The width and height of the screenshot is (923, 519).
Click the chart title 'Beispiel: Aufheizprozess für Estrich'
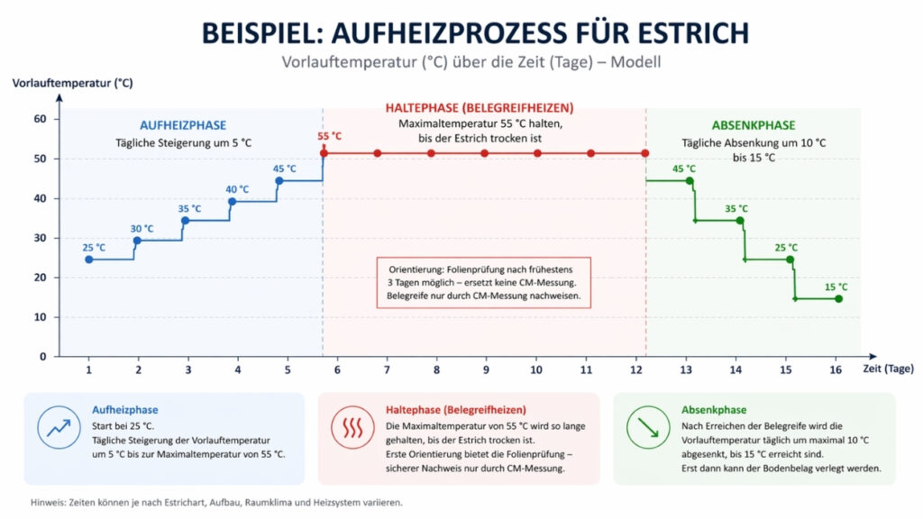pos(475,32)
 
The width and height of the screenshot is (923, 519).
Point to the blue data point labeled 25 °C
pos(88,259)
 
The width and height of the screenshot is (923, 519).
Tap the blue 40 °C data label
pos(238,189)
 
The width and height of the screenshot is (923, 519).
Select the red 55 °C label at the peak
pos(329,137)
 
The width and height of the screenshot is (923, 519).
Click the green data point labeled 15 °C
pos(838,299)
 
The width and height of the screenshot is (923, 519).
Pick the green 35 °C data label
pos(736,209)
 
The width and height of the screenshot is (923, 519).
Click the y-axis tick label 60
pos(40,119)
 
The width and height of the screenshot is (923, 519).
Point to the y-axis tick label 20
pos(40,278)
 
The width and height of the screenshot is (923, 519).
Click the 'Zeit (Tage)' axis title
pos(887,369)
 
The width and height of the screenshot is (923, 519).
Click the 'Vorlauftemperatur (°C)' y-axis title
pos(73,83)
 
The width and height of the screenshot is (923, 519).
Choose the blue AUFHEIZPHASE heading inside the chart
pos(183,125)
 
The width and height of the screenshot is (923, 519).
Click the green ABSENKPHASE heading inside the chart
pos(754,125)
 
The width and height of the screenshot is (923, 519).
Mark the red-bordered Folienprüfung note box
pos(483,282)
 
